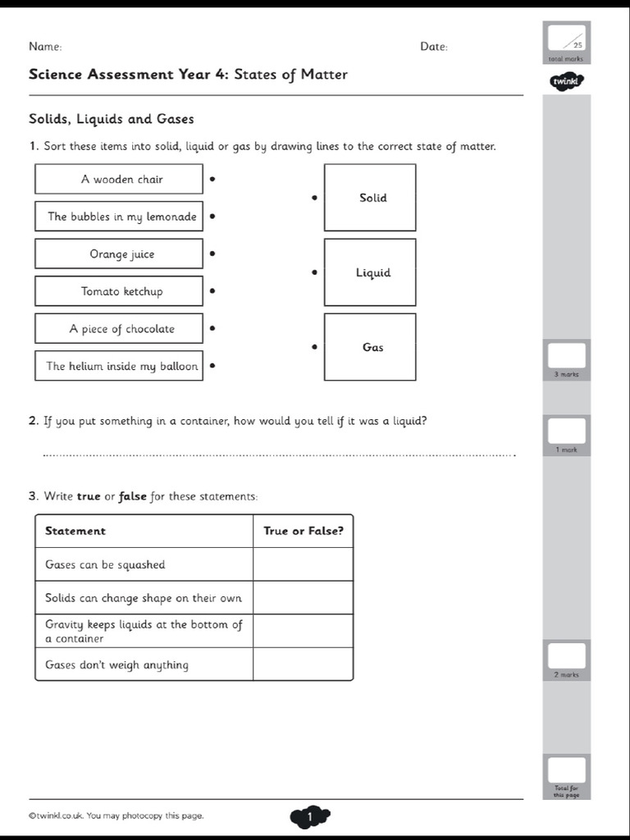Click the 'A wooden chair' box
(119, 179)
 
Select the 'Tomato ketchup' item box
(119, 291)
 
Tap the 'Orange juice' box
(119, 254)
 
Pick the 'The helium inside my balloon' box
(119, 366)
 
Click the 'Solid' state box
(370, 198)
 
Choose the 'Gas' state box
(370, 347)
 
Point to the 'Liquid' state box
(370, 272)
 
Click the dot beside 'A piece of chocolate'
(212, 328)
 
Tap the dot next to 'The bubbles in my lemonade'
(212, 217)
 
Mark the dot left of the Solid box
(314, 198)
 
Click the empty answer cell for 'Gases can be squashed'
(303, 564)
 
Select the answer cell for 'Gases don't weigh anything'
(303, 664)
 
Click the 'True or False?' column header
(303, 531)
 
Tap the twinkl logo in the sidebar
(566, 81)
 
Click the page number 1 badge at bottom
(309, 816)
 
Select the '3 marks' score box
(566, 356)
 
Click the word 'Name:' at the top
(45, 47)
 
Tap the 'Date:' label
(434, 47)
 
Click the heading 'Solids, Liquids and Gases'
(112, 119)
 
